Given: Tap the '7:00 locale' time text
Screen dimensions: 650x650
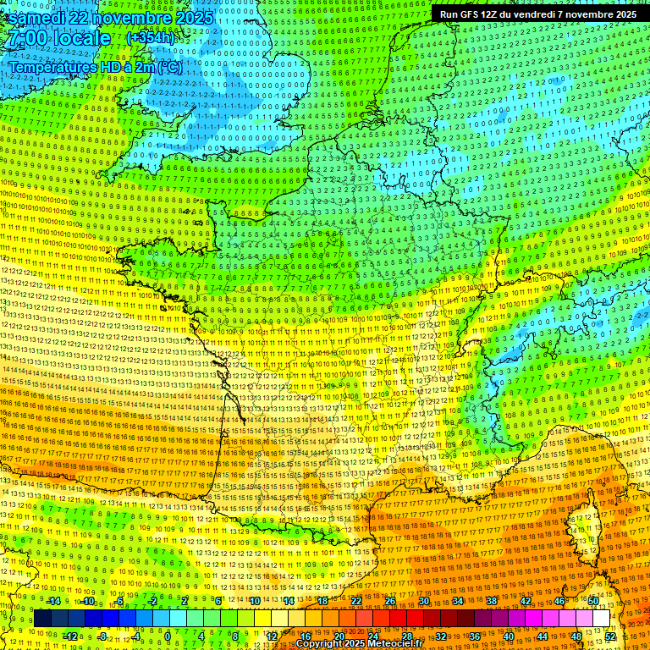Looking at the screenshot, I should tap(58, 39).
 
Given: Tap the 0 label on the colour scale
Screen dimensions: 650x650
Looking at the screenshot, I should tap(167, 636).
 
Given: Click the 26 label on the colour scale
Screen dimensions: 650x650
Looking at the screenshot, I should tap(390, 601).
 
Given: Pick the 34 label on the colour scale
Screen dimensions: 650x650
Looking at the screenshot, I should tap(458, 601).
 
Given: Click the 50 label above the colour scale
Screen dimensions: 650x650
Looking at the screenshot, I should tap(593, 601).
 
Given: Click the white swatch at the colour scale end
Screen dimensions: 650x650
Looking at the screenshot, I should tap(601, 619).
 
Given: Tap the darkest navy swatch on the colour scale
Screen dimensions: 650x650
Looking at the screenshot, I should tap(43, 619).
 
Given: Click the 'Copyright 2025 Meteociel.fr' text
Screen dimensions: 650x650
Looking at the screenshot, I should tap(359, 644).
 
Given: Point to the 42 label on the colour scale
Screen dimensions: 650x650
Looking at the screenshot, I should tap(526, 601).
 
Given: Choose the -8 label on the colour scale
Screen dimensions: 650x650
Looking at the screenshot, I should tap(102, 636).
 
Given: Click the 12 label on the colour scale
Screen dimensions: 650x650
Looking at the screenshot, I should tap(272, 636).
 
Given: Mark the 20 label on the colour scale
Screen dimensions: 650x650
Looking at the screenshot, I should tap(339, 636).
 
